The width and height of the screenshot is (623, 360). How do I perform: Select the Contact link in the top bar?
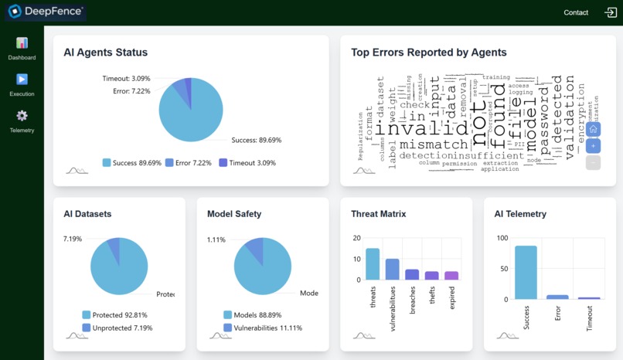pyautogui.click(x=576, y=12)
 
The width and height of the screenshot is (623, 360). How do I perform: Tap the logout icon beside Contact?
pyautogui.click(x=611, y=12)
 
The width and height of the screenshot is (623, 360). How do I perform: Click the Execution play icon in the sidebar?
pyautogui.click(x=22, y=80)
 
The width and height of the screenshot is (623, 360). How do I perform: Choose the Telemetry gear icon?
pyautogui.click(x=22, y=116)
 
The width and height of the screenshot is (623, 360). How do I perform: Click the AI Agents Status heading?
pyautogui.click(x=105, y=53)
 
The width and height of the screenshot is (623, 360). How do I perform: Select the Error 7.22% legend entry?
pyautogui.click(x=190, y=163)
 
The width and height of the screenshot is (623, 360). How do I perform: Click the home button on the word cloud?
pyautogui.click(x=593, y=129)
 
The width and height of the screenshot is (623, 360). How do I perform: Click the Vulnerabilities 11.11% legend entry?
pyautogui.click(x=262, y=328)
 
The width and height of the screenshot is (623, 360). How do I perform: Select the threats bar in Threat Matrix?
pyautogui.click(x=373, y=263)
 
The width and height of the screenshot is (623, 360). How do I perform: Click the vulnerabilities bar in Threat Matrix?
pyautogui.click(x=393, y=269)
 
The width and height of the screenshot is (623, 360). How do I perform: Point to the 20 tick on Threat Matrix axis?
pyautogui.click(x=356, y=238)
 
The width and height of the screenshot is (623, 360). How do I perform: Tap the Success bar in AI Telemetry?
pyautogui.click(x=526, y=272)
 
